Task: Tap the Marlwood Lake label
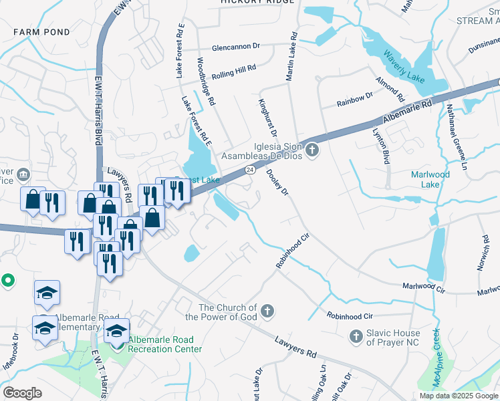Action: (430, 179)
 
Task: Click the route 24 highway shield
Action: (249, 170)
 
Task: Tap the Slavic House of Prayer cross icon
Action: (356, 336)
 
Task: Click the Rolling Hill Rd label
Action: (233, 70)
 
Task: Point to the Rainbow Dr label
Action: (354, 99)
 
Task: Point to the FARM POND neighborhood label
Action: (41, 32)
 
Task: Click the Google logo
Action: (22, 393)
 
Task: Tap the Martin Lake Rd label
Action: (291, 57)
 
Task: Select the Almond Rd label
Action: (390, 88)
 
